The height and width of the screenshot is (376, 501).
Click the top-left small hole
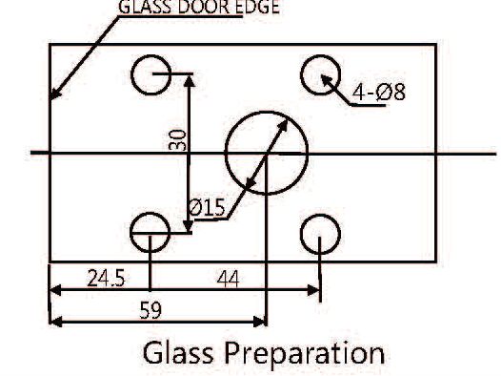[x=150, y=75]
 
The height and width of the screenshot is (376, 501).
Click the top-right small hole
[x=321, y=73]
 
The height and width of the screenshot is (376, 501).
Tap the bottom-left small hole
[x=150, y=230]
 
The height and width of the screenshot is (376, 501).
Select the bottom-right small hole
[x=320, y=232]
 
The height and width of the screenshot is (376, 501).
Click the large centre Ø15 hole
[x=267, y=153]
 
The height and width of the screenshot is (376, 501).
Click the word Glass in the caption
[x=180, y=352]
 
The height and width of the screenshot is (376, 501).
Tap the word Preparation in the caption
[x=305, y=352]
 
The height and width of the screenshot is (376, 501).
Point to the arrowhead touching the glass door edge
[x=55, y=94]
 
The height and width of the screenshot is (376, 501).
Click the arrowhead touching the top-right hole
[x=328, y=80]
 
